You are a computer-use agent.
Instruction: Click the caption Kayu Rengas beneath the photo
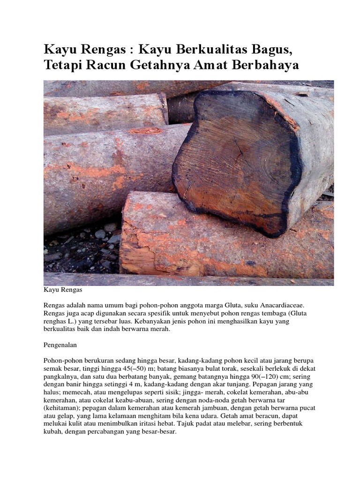tap(63, 291)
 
